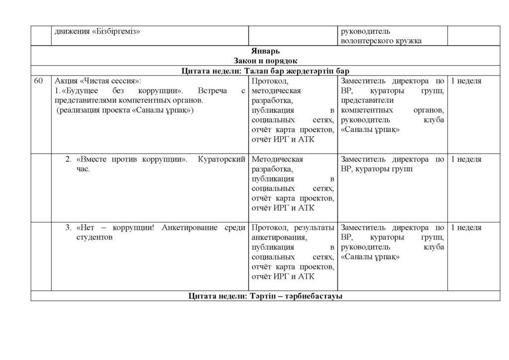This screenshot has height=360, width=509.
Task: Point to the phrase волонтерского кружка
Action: click(381, 41)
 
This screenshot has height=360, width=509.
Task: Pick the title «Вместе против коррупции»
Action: click(132, 160)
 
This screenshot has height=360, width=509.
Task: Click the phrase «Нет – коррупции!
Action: click(116, 228)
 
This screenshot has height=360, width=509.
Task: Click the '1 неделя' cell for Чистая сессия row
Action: click(466, 81)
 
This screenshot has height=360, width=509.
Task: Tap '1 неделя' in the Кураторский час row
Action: click(466, 160)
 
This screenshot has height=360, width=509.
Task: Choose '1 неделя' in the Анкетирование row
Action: click(466, 228)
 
